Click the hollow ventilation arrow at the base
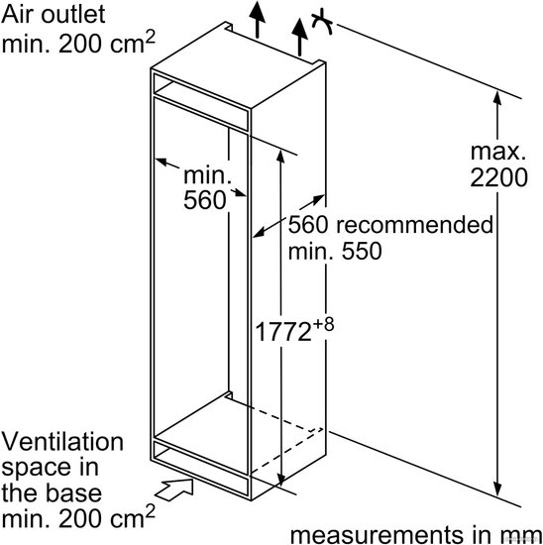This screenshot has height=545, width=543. pyautogui.click(x=174, y=490)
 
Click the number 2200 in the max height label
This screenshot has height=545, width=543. pyautogui.click(x=498, y=177)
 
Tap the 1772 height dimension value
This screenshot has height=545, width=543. pyautogui.click(x=283, y=332)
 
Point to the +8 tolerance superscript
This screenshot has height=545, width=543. pyautogui.click(x=323, y=324)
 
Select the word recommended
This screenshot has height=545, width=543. pyautogui.click(x=415, y=225)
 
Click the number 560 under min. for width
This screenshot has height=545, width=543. pyautogui.click(x=205, y=200)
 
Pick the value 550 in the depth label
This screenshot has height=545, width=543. pyautogui.click(x=362, y=251)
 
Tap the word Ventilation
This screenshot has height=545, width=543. pyautogui.click(x=62, y=442)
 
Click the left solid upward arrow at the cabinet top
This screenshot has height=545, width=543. pyautogui.click(x=258, y=19)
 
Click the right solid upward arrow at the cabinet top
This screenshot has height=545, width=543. pyautogui.click(x=299, y=38)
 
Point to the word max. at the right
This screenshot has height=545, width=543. pyautogui.click(x=498, y=152)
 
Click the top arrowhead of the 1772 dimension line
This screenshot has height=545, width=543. pyautogui.click(x=280, y=156)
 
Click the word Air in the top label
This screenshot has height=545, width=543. pyautogui.click(x=18, y=14)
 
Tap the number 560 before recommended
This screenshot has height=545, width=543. pyautogui.click(x=308, y=225)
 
